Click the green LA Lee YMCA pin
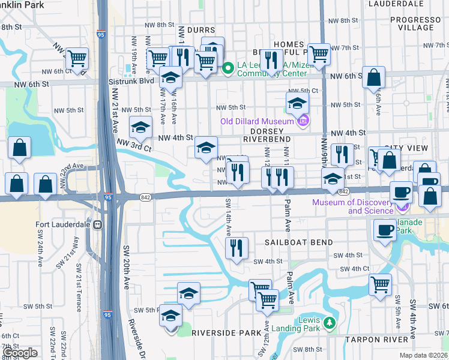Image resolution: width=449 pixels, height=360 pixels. point(228,68)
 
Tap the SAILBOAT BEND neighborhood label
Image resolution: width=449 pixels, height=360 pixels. point(295,242)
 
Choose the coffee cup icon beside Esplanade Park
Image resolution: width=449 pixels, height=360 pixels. point(384,229)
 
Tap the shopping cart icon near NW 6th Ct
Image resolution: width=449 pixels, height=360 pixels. point(77,58)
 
